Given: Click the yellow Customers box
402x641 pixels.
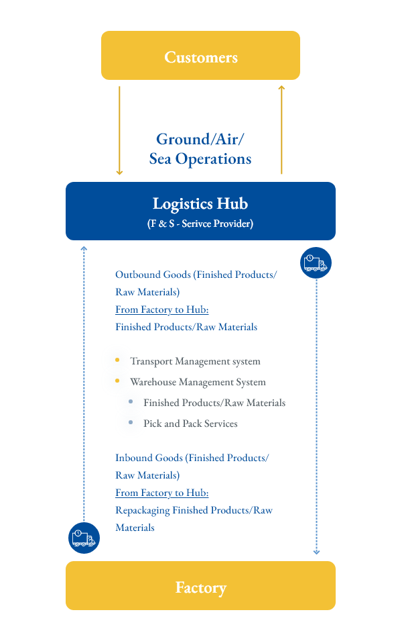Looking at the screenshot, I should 200,56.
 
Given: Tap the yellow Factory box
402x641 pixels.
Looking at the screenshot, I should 200,586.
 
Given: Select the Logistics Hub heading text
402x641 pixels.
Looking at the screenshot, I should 200,203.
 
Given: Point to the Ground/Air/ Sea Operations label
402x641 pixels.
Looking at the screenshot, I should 200,149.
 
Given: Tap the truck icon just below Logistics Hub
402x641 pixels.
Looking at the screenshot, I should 316,262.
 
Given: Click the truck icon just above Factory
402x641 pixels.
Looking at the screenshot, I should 84,537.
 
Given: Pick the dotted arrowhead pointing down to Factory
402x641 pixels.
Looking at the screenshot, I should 316,552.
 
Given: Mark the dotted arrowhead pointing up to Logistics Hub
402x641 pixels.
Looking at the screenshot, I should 84,248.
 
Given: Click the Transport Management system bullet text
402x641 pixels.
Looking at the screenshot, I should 195,362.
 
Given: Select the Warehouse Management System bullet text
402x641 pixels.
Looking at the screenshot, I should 198,383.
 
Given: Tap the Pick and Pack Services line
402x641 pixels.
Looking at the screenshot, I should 190,424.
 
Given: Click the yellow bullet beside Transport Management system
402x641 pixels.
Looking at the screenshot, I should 117,360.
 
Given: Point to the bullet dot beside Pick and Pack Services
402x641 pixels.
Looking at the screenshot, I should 131,423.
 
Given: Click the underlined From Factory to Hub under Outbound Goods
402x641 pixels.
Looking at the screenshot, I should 161,310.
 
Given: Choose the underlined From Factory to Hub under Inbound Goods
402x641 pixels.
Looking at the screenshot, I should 161,493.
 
